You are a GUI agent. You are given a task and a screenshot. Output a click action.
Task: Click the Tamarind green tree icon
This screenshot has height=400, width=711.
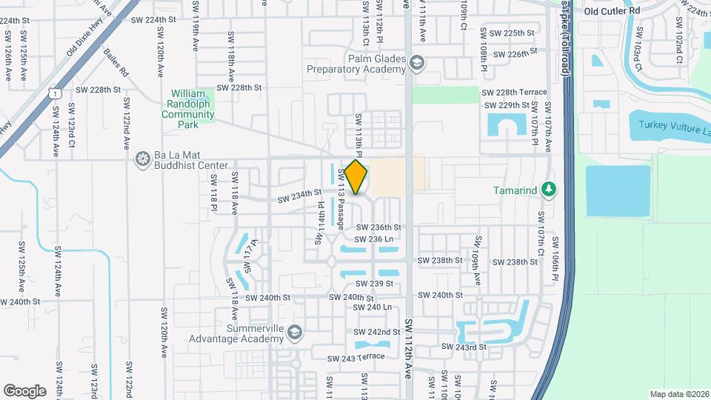click(x=548, y=190)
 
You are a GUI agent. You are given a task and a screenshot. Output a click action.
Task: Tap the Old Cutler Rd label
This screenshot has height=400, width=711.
click(x=611, y=11)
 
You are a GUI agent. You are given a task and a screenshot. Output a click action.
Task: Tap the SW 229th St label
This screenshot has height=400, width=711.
click(x=508, y=106)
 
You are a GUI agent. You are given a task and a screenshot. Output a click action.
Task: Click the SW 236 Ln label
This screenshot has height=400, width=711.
click(x=373, y=239)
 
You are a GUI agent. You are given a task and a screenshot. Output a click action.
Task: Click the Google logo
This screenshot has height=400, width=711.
click(x=24, y=390)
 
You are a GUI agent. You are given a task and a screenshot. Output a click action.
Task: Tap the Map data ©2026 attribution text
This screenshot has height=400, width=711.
click(x=678, y=394)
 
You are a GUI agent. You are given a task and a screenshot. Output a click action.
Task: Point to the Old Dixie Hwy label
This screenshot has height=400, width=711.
click(x=82, y=41)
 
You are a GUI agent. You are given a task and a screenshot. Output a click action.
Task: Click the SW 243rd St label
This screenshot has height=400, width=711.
click(x=464, y=347)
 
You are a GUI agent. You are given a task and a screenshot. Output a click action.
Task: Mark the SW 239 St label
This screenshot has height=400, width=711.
click(x=374, y=284)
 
